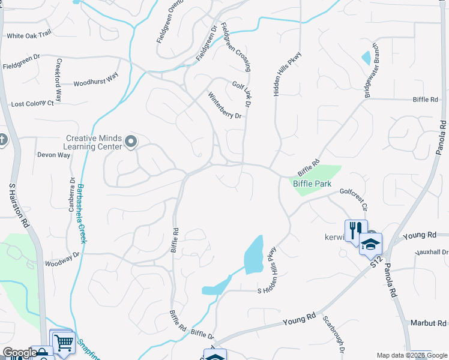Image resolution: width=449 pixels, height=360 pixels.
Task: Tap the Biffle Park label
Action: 312,184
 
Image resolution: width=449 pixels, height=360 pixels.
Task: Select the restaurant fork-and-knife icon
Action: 354,230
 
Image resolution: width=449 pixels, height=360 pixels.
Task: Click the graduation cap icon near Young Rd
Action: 370,244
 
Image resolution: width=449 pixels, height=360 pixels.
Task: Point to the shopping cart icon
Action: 63,343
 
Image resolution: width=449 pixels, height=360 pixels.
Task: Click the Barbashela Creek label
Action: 80,213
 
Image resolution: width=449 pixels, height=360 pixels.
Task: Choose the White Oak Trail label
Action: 29,36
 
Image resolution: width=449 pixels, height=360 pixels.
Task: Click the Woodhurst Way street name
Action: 96,83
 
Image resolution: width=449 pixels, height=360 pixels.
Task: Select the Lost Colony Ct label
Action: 32,104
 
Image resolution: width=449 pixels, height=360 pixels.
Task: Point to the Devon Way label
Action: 54,155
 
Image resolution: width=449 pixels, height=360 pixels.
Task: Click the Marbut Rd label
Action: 429,323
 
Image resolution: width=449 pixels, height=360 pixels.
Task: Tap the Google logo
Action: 19,353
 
